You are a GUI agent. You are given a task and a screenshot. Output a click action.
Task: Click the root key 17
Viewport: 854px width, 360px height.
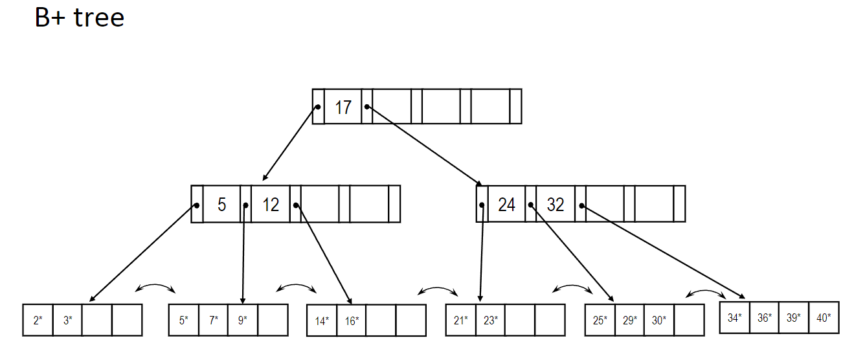[343, 107]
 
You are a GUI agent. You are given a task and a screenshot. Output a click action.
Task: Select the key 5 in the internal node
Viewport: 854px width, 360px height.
[221, 205]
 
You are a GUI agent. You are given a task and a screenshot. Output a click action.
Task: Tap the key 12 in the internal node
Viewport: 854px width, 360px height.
[271, 205]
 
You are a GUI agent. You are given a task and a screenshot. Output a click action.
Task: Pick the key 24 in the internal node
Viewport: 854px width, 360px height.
[506, 205]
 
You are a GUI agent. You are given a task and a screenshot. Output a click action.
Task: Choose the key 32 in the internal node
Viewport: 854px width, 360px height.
[556, 205]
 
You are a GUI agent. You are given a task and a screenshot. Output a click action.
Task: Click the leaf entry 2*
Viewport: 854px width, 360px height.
[38, 320]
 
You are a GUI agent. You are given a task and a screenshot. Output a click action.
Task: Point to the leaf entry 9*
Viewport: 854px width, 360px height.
[243, 320]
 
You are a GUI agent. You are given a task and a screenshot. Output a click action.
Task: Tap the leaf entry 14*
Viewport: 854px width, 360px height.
[322, 321]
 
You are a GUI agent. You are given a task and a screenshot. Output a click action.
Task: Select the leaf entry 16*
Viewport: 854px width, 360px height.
[352, 321]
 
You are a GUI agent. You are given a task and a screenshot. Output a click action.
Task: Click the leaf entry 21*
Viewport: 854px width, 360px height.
[461, 320]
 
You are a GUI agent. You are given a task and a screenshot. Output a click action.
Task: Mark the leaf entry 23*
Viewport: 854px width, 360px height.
[490, 320]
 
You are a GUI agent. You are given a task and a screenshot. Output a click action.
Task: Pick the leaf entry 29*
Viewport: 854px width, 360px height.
[629, 320]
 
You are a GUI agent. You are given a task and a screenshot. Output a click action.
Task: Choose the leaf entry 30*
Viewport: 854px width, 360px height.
[659, 320]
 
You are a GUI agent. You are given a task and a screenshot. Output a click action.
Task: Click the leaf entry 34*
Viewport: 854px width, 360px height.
[735, 318]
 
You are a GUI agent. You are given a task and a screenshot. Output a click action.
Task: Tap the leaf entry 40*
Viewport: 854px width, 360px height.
[824, 318]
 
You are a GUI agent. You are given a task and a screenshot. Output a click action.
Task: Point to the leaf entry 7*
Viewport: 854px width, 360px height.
[213, 320]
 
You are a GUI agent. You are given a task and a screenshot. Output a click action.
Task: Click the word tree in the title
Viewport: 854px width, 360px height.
[98, 17]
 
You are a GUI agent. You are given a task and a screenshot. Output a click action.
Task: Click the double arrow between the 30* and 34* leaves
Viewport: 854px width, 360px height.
[706, 292]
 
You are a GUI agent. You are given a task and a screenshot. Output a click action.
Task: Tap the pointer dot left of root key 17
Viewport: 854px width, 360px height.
[318, 106]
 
